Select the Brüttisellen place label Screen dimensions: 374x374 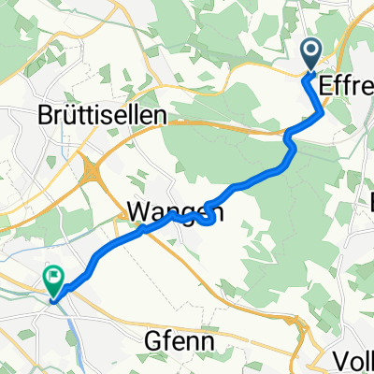coord(103,114)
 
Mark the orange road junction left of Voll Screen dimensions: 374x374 coord(301,324)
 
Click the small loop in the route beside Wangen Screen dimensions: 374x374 coord(207,217)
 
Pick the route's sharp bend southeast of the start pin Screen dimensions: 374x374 coord(323,112)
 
